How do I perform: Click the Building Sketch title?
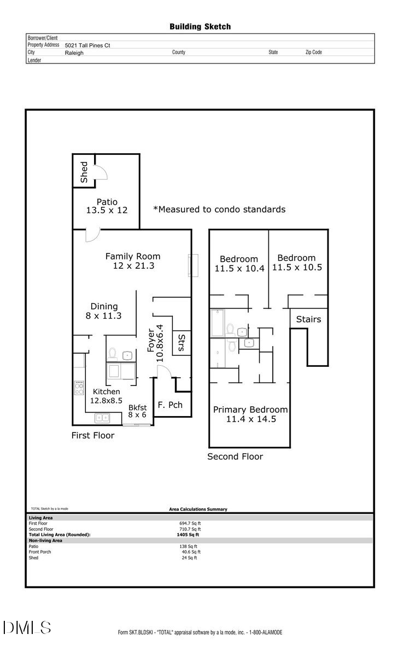coord(200,26)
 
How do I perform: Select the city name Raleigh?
coord(74,53)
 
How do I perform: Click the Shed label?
coord(84,172)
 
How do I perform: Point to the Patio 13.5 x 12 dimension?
coord(107,210)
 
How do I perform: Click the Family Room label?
coord(133,256)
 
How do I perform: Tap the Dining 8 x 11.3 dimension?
coord(104,316)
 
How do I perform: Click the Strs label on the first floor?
coord(181,343)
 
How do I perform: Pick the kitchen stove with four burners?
coord(79,388)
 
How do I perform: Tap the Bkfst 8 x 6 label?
coord(138,411)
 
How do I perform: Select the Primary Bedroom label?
coord(250,410)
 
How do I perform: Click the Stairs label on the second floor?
coord(308,319)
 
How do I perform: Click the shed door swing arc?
coord(102,171)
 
